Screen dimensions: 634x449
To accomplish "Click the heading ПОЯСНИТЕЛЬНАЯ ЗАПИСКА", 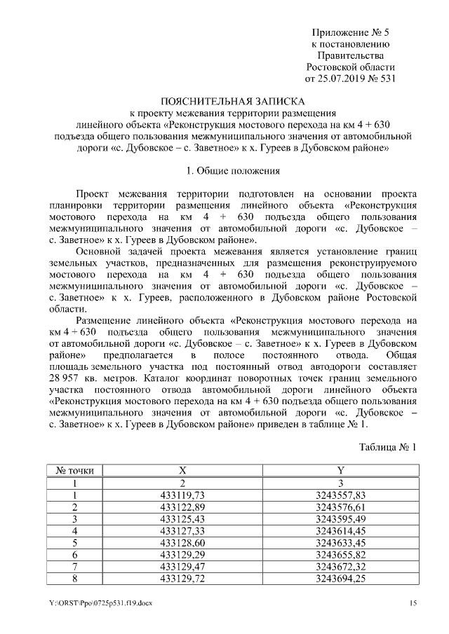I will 224,100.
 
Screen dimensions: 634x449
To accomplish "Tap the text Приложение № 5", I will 350,33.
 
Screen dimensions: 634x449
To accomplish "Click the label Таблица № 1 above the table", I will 388,446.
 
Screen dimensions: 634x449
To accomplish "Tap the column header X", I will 182,470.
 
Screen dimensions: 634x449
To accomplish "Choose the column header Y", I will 340,470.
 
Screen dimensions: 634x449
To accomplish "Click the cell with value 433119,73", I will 182,495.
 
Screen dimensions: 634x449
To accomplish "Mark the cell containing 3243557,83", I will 340,495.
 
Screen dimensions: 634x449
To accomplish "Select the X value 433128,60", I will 182,542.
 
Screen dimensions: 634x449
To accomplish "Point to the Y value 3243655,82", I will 340,554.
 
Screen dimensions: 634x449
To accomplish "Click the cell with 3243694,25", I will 340,578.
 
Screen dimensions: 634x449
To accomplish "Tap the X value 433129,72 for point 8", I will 182,578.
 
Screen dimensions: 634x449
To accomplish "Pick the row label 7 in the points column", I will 74,566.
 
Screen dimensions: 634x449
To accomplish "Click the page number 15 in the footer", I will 414,604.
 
